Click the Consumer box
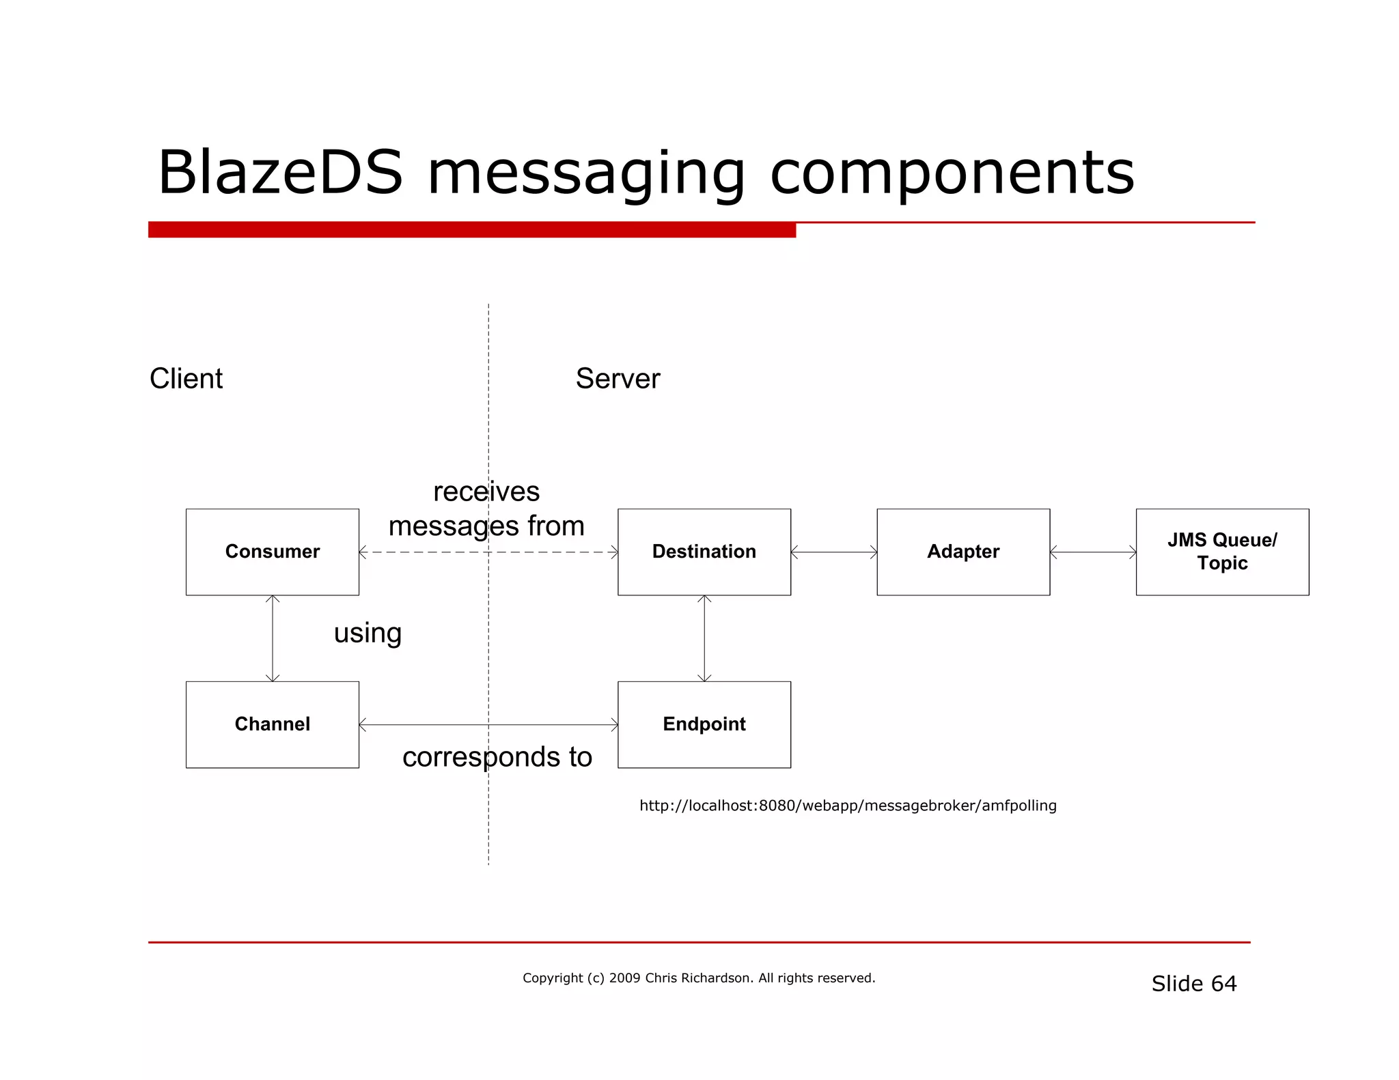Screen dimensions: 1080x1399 pyautogui.click(x=272, y=552)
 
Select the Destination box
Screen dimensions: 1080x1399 pyautogui.click(x=704, y=552)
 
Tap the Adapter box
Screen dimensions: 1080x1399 pyautogui.click(x=962, y=552)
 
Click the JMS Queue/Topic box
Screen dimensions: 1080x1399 pyautogui.click(x=1222, y=552)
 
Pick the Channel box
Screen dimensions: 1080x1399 pyautogui.click(x=272, y=724)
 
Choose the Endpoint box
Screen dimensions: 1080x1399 pyautogui.click(x=704, y=724)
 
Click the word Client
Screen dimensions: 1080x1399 pyautogui.click(x=186, y=378)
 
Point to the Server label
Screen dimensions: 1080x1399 pyautogui.click(x=618, y=378)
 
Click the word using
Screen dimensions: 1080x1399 pyautogui.click(x=368, y=633)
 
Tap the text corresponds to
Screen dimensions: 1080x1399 pyautogui.click(x=497, y=757)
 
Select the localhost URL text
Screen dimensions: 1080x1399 pyautogui.click(x=848, y=806)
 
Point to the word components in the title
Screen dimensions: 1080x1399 pyautogui.click(x=952, y=173)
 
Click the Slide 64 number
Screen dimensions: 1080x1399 pyautogui.click(x=1193, y=984)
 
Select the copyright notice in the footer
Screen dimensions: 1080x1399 pyautogui.click(x=698, y=978)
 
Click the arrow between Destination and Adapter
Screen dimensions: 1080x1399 pyautogui.click(x=833, y=552)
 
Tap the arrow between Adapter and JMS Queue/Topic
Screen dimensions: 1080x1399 pyautogui.click(x=1093, y=552)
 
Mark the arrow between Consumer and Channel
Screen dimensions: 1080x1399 pyautogui.click(x=273, y=638)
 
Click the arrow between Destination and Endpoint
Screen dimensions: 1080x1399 pyautogui.click(x=704, y=638)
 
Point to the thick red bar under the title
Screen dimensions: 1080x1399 pyautogui.click(x=471, y=229)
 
